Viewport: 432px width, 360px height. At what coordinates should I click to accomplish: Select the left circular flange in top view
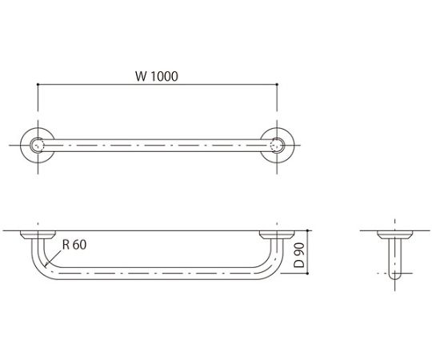coord(38,145)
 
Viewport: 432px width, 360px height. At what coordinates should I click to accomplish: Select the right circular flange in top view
coord(278,145)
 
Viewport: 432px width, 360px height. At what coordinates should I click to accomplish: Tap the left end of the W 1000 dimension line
coord(38,85)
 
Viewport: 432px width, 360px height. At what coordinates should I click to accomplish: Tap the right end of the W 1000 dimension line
coord(278,85)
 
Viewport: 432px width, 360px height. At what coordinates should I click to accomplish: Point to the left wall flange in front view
coord(38,235)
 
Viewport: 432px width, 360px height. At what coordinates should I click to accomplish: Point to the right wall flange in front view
coord(278,235)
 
